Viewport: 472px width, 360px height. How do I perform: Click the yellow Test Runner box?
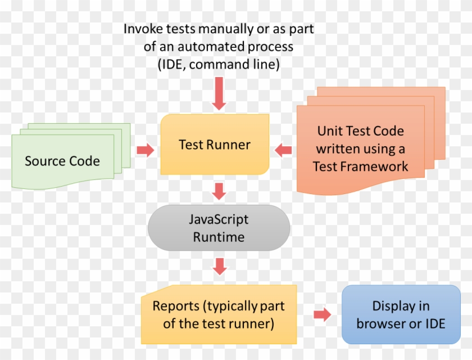[215, 145]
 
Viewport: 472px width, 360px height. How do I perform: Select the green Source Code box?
[63, 161]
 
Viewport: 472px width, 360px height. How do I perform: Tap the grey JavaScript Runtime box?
[219, 228]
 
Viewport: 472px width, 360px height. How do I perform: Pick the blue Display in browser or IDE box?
[401, 314]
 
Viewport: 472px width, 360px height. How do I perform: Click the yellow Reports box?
[218, 314]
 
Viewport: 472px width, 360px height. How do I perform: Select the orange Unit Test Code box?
[360, 149]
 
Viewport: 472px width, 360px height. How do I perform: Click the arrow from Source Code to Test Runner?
[145, 150]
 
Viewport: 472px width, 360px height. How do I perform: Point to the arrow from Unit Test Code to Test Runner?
[283, 150]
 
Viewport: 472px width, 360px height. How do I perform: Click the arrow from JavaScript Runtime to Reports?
[219, 266]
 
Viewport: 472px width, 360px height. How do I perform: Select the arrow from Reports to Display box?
[322, 314]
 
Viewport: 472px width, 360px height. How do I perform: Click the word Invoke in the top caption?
[140, 28]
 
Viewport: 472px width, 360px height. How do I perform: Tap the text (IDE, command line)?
[218, 64]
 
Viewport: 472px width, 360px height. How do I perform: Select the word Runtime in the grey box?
[219, 237]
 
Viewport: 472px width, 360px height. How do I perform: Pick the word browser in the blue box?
[382, 323]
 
